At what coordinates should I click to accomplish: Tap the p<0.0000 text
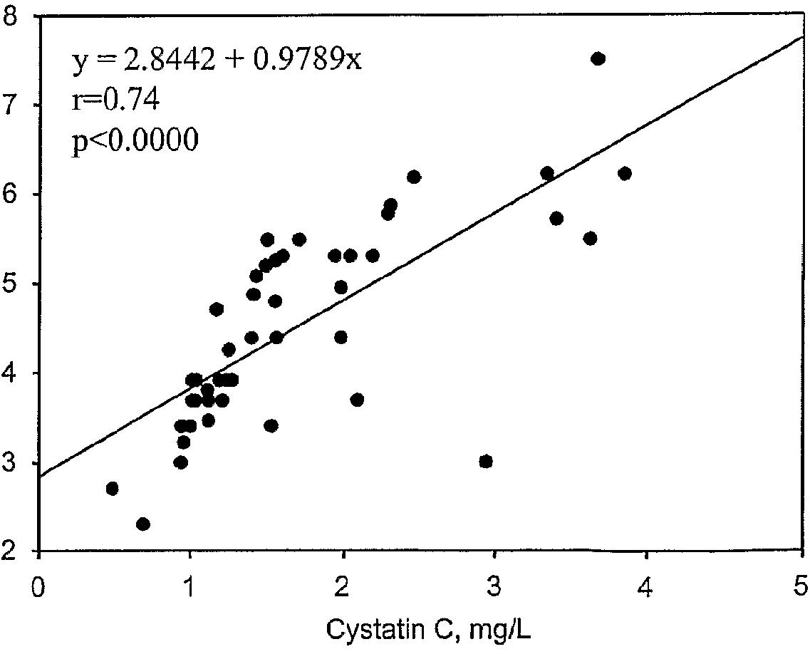coord(135,140)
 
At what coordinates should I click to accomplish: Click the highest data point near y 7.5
coord(598,58)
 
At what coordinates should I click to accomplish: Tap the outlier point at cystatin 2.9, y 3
coord(486,462)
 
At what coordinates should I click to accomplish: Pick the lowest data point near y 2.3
coord(142,524)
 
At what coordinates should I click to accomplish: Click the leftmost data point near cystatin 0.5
coord(112,489)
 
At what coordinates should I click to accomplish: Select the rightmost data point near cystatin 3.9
coord(625,174)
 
